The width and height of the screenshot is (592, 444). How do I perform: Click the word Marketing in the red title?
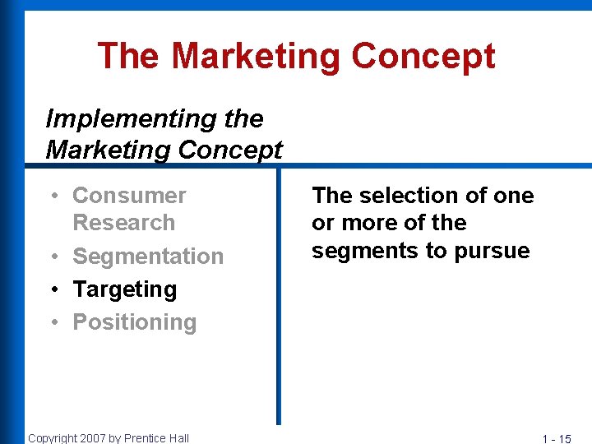256,57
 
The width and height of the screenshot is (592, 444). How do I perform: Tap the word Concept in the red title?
423,57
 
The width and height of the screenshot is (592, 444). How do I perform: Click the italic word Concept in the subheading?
230,150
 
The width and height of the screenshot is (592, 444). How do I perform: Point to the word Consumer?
129,196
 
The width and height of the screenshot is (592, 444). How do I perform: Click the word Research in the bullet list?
123,223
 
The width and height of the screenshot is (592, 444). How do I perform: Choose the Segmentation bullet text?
148,257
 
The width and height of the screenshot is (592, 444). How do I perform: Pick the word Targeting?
124,289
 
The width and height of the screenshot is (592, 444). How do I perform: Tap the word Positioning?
134,322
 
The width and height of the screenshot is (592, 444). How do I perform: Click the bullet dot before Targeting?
52,289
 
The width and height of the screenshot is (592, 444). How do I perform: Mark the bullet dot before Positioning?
52,322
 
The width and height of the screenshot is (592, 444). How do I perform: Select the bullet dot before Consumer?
52,196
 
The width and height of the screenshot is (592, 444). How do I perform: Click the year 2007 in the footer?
92,438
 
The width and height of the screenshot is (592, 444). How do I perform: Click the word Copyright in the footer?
52,438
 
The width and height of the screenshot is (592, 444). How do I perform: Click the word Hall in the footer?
179,438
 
